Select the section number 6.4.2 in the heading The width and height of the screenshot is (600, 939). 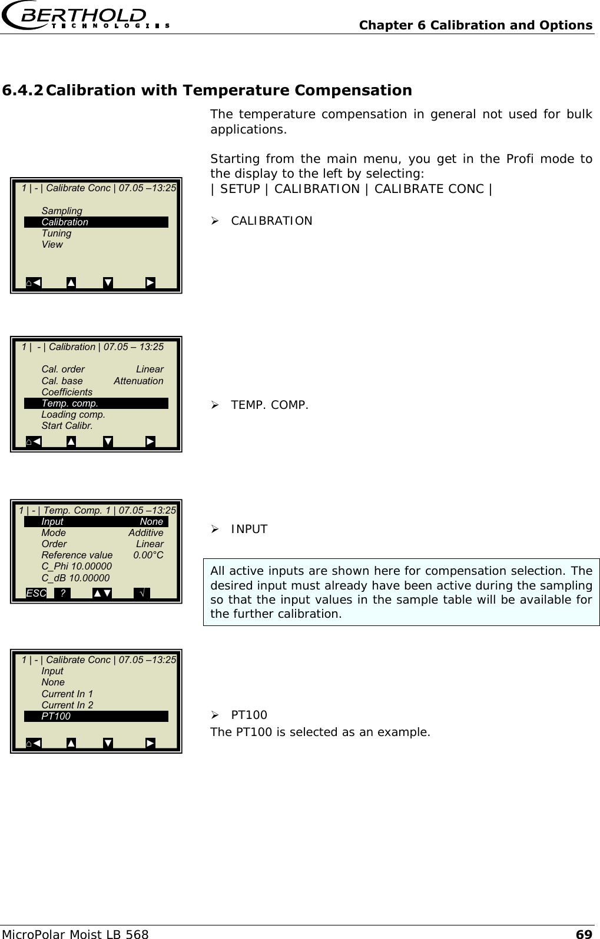tap(22, 91)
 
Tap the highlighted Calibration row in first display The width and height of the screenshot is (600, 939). tap(96, 222)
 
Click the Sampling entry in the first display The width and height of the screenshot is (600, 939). tap(62, 211)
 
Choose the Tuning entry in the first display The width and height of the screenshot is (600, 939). tap(57, 233)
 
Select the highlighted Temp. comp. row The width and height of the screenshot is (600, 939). tap(96, 403)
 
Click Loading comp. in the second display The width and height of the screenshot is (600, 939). tap(73, 414)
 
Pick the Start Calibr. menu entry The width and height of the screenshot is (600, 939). tap(67, 425)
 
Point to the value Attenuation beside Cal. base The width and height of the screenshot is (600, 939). tap(138, 381)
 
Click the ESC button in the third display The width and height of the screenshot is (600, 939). tap(36, 593)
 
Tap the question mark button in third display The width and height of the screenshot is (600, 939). tap(62, 593)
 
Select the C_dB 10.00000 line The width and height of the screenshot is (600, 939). tap(75, 578)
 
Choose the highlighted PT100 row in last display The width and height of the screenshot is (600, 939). tap(96, 716)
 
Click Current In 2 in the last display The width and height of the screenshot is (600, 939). tap(67, 705)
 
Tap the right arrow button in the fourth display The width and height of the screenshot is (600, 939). tap(150, 743)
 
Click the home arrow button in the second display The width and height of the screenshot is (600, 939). tap(34, 441)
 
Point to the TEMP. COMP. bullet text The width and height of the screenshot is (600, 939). tap(269, 405)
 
